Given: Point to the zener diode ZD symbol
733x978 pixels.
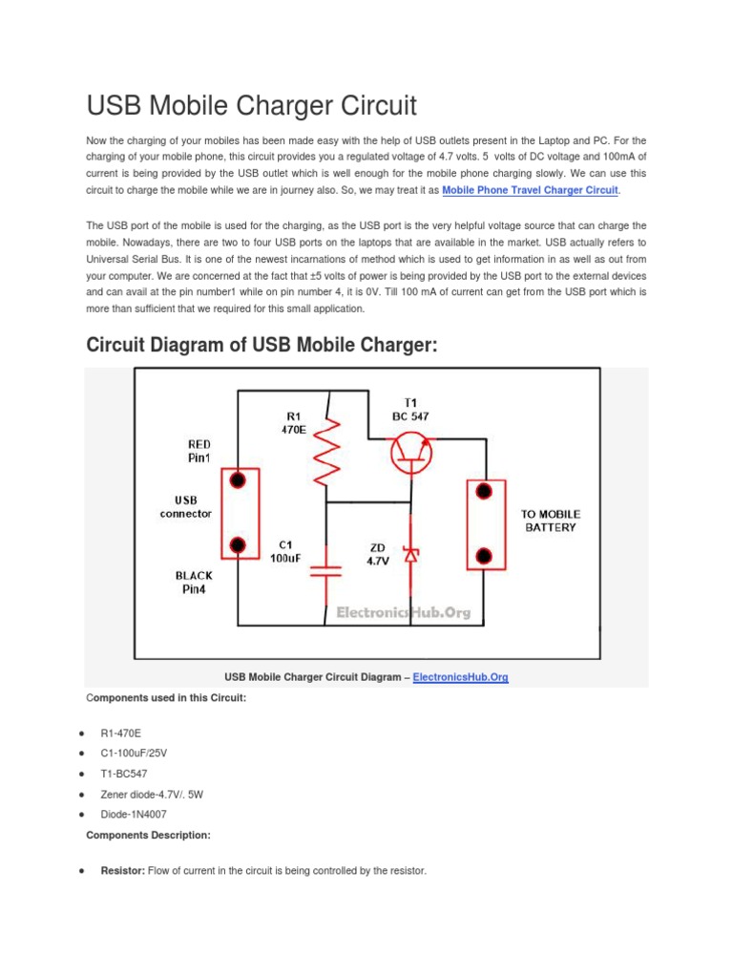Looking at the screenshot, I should (x=411, y=554).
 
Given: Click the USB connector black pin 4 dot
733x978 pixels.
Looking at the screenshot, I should (x=241, y=546).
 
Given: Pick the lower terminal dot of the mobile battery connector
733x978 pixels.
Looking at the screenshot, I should (x=484, y=556).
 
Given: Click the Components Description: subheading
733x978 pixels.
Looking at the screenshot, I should (x=148, y=835).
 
